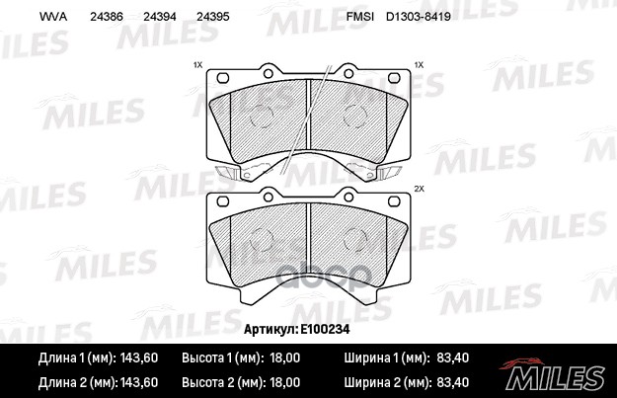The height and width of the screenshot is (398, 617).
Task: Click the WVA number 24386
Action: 107,17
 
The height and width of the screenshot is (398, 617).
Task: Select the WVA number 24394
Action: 159,17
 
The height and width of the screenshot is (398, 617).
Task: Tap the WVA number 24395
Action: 212,17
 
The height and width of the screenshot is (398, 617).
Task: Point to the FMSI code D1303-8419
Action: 419,17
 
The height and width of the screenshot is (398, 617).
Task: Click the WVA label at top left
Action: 53,17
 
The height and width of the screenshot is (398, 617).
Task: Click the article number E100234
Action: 325,329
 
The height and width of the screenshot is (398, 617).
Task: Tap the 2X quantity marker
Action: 420,189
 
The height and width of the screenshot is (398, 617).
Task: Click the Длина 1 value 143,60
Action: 139,358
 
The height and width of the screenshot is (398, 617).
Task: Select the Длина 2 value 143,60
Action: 139,382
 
